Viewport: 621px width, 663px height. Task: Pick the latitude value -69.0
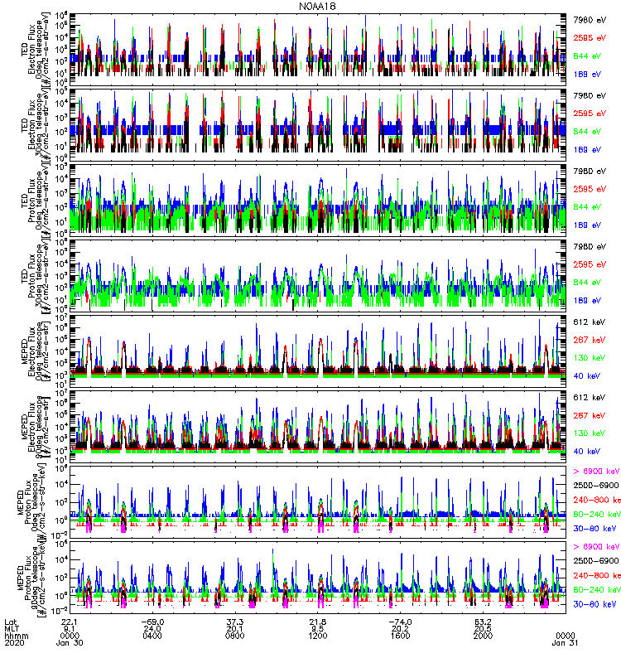point(152,621)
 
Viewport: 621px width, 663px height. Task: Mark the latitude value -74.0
point(401,621)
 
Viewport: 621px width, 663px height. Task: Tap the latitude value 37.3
point(235,621)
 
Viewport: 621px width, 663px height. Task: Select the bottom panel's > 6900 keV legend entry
point(595,547)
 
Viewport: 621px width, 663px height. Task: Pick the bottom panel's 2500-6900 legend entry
point(596,561)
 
